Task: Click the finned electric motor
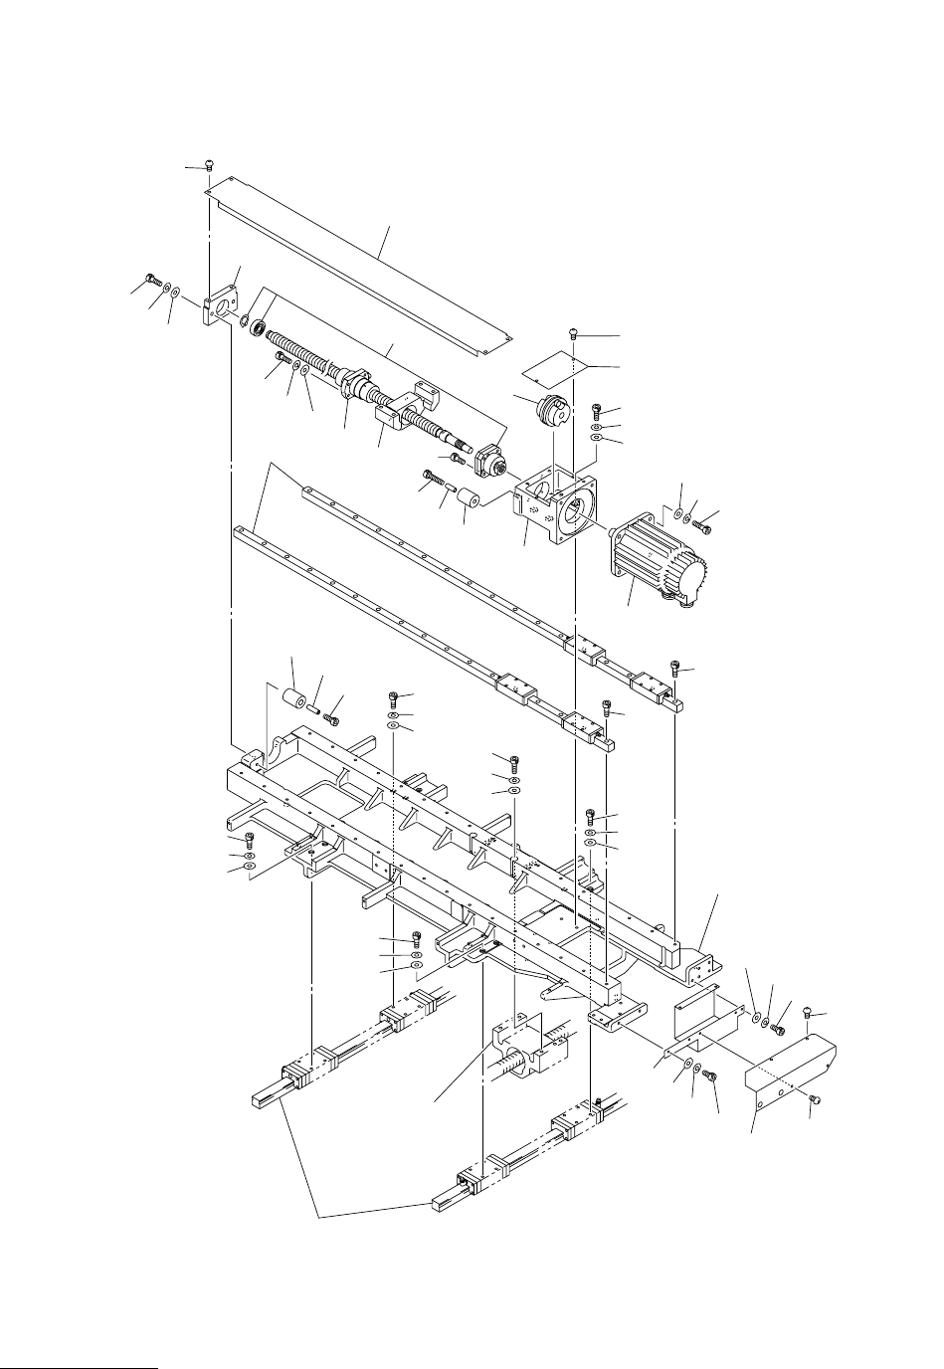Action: point(657,556)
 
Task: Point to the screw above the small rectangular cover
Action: point(576,332)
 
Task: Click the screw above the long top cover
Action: point(209,164)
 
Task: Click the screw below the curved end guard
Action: point(814,1099)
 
